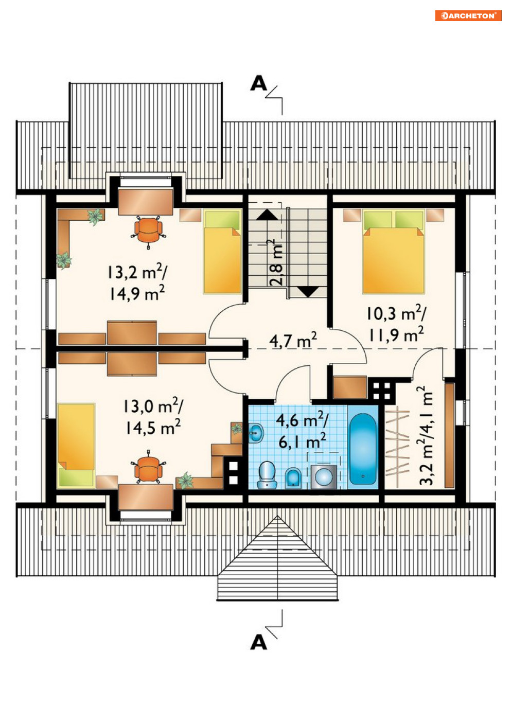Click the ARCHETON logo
pyautogui.click(x=468, y=16)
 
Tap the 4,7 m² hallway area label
pyautogui.click(x=293, y=340)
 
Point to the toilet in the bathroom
pyautogui.click(x=267, y=475)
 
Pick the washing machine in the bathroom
pyautogui.click(x=324, y=476)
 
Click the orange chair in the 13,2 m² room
pyautogui.click(x=148, y=230)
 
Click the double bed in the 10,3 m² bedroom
pyautogui.click(x=394, y=252)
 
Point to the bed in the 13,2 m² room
pyautogui.click(x=222, y=252)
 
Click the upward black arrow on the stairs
pyautogui.click(x=267, y=215)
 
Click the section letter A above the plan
pyautogui.click(x=259, y=83)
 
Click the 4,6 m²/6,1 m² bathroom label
pyautogui.click(x=302, y=431)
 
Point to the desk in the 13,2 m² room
pyautogui.click(x=145, y=202)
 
